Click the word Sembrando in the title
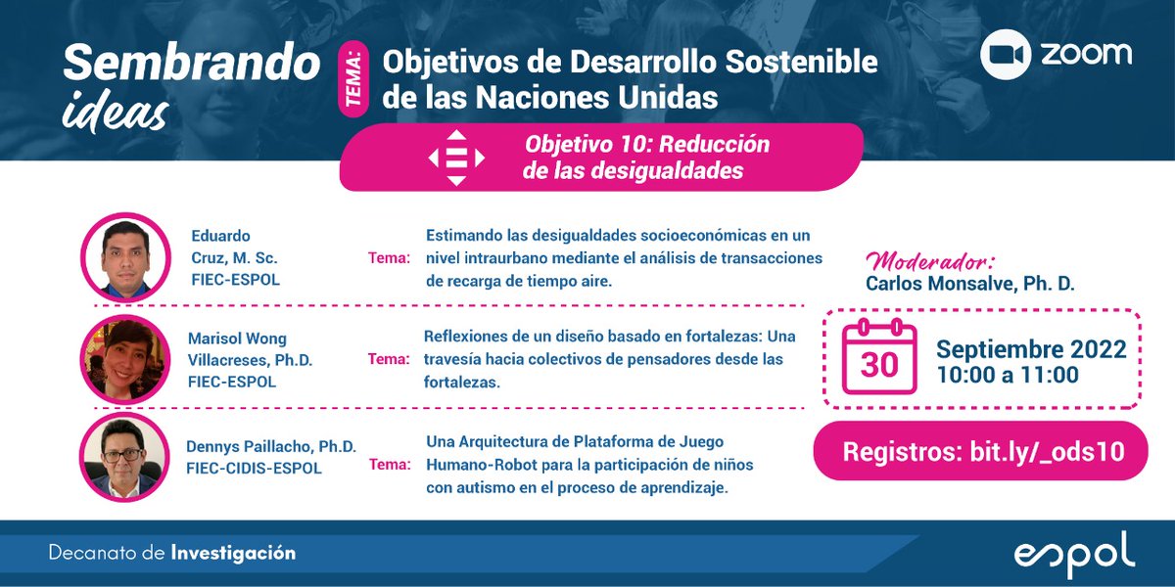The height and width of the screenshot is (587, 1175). point(192,65)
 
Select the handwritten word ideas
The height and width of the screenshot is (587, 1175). point(115,112)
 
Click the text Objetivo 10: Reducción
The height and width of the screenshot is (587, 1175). point(647,145)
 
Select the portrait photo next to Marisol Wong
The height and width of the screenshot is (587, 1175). point(124,359)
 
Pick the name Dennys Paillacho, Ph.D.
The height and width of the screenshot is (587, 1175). point(271,446)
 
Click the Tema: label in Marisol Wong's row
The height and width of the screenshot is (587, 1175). point(389,359)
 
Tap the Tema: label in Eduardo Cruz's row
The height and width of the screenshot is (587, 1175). point(389,258)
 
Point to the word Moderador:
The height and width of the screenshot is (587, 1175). point(930,261)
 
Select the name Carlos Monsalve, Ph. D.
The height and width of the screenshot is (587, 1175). point(970,284)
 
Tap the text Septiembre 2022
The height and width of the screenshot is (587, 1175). point(1031,349)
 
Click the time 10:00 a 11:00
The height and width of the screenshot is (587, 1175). point(1008,375)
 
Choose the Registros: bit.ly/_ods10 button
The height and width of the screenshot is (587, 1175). point(981,451)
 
